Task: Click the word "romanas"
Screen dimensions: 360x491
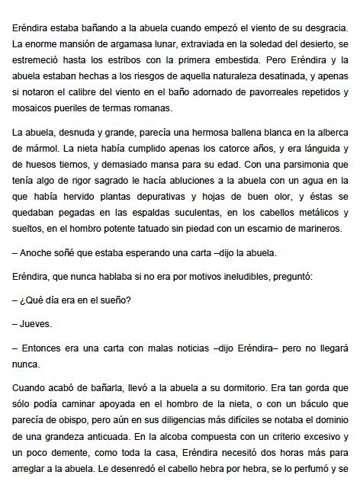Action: coord(151,109)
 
